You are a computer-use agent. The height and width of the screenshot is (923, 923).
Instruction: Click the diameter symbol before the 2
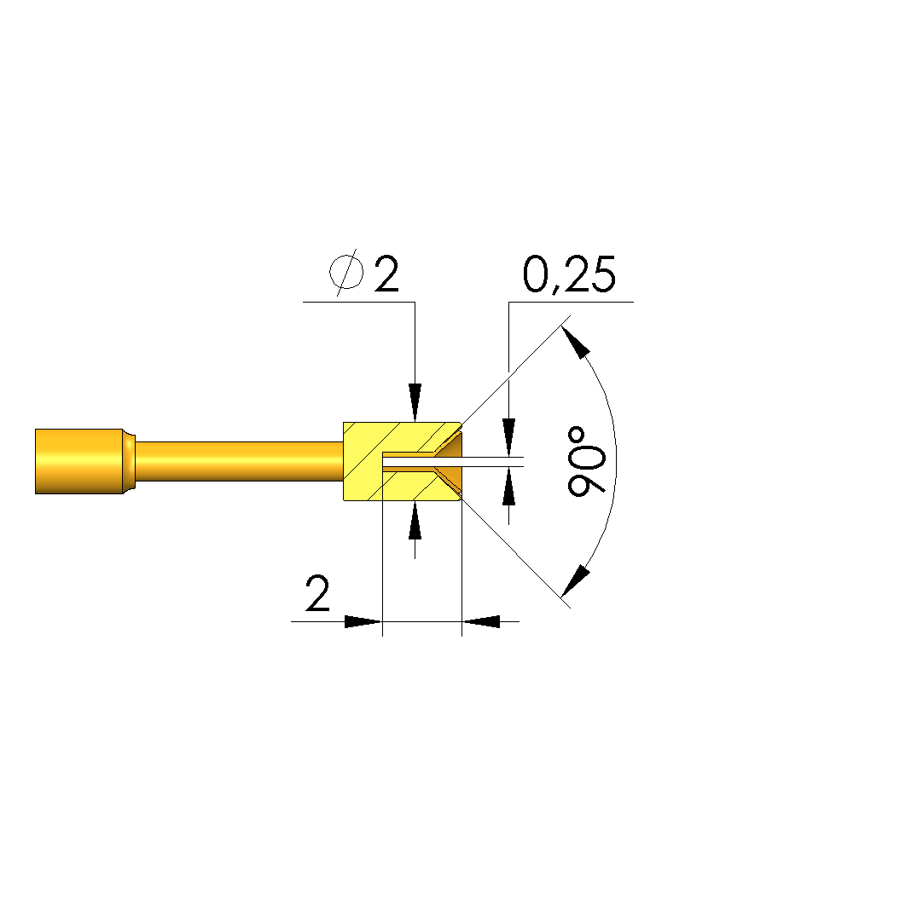pos(346,272)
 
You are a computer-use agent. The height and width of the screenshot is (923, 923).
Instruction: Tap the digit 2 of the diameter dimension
pos(386,274)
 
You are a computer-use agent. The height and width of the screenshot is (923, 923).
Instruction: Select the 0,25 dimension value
pos(569,274)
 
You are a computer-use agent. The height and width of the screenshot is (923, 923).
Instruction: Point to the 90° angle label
pos(587,462)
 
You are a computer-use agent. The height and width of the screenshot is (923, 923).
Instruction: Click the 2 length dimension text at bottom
pos(318,593)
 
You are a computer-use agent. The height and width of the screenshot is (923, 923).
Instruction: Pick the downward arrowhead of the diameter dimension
pos(415,402)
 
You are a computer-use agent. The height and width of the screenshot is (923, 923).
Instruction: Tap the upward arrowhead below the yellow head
pos(415,521)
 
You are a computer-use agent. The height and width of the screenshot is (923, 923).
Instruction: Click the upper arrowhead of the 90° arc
pos(576,342)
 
